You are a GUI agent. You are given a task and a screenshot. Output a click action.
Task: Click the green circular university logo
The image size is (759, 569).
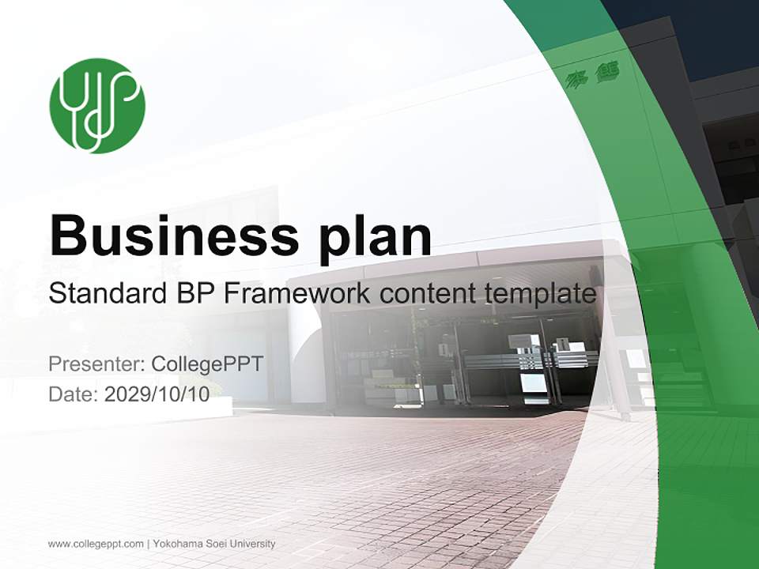click(x=97, y=106)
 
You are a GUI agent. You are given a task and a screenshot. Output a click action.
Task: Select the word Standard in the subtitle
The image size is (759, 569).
click(x=103, y=294)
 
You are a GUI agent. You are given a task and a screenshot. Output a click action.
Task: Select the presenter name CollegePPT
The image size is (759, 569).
click(x=206, y=364)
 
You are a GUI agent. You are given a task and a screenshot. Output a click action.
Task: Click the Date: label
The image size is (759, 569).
click(x=74, y=394)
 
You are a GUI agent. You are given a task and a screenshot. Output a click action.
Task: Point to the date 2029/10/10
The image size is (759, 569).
click(x=157, y=394)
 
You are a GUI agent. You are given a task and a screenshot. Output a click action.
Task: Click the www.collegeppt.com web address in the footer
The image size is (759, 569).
click(x=96, y=544)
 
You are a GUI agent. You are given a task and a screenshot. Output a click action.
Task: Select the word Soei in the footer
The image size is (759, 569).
click(x=217, y=544)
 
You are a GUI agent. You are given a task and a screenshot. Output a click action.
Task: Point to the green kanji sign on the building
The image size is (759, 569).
click(x=593, y=76)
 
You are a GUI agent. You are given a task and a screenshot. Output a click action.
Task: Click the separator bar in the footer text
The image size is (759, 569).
click(x=149, y=544)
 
